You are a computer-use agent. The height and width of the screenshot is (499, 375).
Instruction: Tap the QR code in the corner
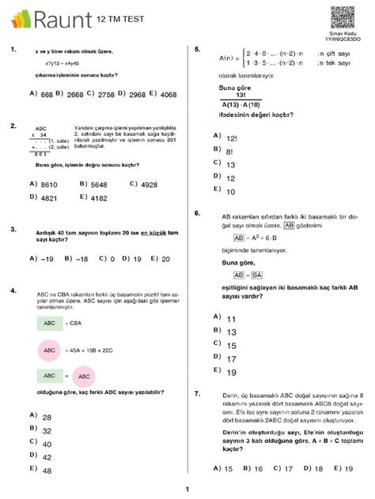click(x=341, y=16)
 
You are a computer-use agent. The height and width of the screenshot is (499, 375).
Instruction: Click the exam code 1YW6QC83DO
click(x=342, y=39)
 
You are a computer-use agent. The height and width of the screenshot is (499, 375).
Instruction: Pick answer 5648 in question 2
click(x=99, y=184)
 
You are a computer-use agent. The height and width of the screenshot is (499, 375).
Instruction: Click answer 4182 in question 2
click(x=99, y=198)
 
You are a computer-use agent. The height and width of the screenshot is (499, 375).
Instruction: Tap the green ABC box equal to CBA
click(x=49, y=322)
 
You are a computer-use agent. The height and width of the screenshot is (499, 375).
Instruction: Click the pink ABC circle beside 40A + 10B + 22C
click(x=50, y=350)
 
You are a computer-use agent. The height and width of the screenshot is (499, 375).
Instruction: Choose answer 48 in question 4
click(x=47, y=471)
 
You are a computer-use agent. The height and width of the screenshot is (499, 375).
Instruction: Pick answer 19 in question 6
click(x=232, y=373)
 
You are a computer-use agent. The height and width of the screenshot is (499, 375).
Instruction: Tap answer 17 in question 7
click(x=288, y=468)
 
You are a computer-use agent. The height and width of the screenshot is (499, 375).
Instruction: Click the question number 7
click(x=196, y=392)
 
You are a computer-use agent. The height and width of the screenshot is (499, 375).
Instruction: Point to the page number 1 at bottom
click(x=187, y=489)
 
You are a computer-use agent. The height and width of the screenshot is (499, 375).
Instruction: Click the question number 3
click(x=13, y=230)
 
